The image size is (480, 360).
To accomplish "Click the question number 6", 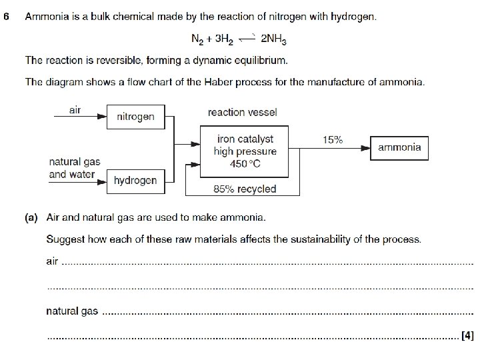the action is click(x=6, y=17).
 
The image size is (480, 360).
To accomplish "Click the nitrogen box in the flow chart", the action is click(x=135, y=117).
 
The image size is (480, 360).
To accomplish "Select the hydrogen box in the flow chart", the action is click(x=135, y=181).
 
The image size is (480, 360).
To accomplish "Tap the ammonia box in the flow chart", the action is click(x=399, y=147).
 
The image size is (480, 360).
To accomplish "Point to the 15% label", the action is click(x=332, y=140).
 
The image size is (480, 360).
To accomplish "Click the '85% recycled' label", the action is click(x=244, y=189).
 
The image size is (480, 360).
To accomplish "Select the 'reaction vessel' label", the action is click(x=242, y=113).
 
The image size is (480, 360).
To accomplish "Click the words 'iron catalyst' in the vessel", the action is click(x=245, y=139).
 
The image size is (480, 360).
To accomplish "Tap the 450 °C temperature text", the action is click(x=245, y=164).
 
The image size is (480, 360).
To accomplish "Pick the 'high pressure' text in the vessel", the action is click(x=245, y=151).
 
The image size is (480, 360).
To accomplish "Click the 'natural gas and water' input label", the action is click(x=74, y=168).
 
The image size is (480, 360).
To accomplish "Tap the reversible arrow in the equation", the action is click(x=249, y=38).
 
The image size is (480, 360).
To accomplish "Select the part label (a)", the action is click(x=31, y=217).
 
